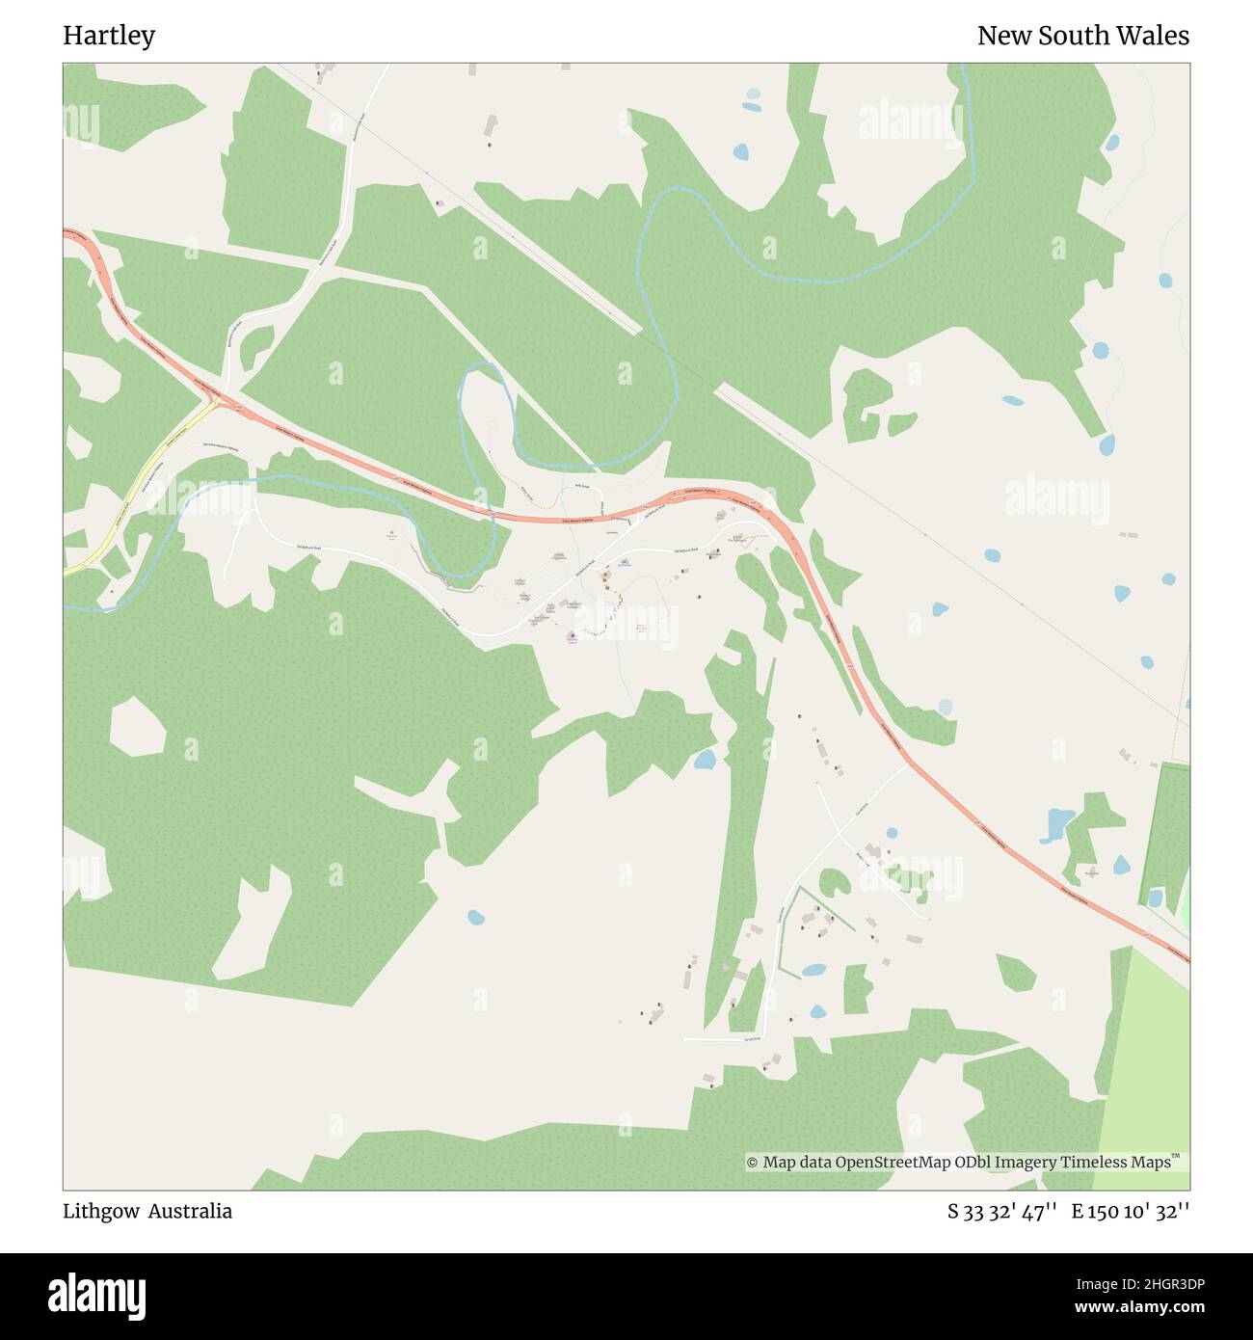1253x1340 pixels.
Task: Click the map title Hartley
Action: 109,36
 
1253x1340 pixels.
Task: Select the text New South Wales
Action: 1082,36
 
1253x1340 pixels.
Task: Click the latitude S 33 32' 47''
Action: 1002,1211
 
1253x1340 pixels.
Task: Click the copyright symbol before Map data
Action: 753,1163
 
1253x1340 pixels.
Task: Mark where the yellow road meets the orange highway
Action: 218,400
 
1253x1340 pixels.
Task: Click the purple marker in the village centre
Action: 572,636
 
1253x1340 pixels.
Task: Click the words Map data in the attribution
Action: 797,1163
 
